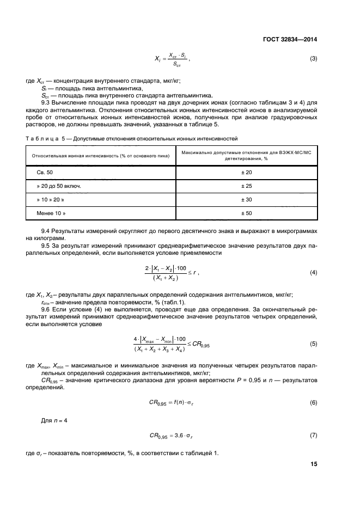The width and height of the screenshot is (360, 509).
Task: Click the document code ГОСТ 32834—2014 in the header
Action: (291, 39)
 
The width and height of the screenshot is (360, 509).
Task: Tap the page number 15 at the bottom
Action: (314, 464)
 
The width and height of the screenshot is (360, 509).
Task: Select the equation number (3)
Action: (313, 58)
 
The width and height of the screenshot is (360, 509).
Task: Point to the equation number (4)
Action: (313, 272)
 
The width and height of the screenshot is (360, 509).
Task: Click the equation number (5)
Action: (313, 344)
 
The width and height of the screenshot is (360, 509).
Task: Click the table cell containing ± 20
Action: (246, 173)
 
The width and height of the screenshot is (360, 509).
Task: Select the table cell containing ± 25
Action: (246, 186)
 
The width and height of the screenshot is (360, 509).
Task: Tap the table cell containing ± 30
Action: (246, 200)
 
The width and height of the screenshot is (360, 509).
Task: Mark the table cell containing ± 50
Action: (246, 213)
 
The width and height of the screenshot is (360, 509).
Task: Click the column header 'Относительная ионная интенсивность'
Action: (101, 156)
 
